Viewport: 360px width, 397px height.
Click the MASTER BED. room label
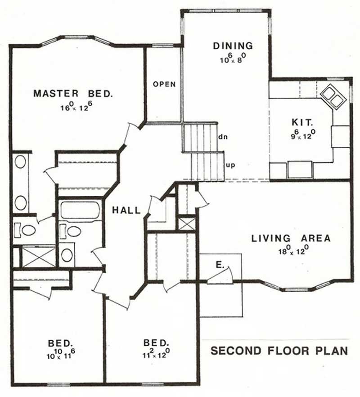73,94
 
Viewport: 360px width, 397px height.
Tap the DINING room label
233,45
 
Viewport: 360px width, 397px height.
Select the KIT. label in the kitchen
299,122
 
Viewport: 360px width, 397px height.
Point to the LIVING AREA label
291,239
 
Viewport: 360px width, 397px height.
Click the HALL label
126,210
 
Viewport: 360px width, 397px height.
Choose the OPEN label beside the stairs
164,84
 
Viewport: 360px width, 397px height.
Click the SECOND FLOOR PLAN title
279,351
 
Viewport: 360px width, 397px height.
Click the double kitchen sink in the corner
333,96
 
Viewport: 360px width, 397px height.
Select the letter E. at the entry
220,266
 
